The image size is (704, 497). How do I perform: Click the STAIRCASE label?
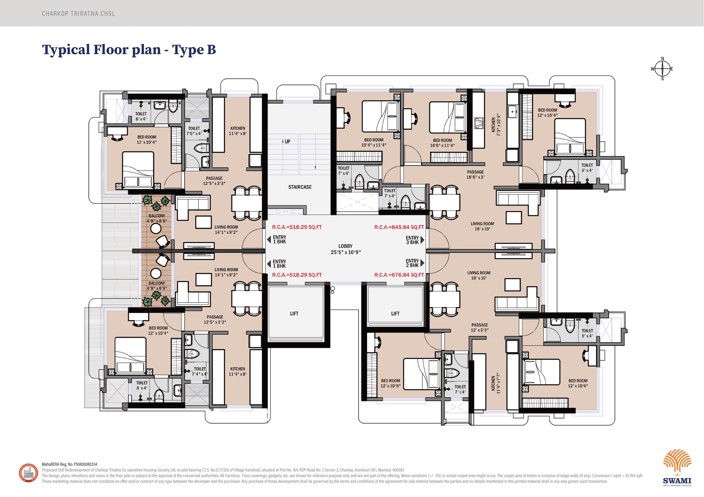pyautogui.click(x=300, y=187)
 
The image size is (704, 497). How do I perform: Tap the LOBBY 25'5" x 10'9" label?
pyautogui.click(x=345, y=249)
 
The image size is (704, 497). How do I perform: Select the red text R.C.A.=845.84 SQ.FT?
pyautogui.click(x=399, y=227)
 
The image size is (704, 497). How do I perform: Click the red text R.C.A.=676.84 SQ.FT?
pyautogui.click(x=399, y=275)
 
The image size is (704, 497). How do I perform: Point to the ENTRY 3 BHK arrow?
pyautogui.click(x=422, y=240)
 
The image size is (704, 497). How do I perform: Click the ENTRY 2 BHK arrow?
pyautogui.click(x=422, y=263)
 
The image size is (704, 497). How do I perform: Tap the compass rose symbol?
pyautogui.click(x=662, y=69)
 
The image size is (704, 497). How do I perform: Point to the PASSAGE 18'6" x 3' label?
pyautogui.click(x=475, y=175)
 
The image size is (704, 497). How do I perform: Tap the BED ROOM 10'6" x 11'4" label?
pyautogui.click(x=442, y=143)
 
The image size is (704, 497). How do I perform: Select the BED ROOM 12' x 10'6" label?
pyautogui.click(x=390, y=383)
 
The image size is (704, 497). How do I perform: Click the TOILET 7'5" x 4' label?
pyautogui.click(x=194, y=131)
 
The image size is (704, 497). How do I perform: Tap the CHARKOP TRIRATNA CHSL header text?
pyautogui.click(x=79, y=14)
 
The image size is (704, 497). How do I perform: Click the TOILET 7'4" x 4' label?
pyautogui.click(x=199, y=372)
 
